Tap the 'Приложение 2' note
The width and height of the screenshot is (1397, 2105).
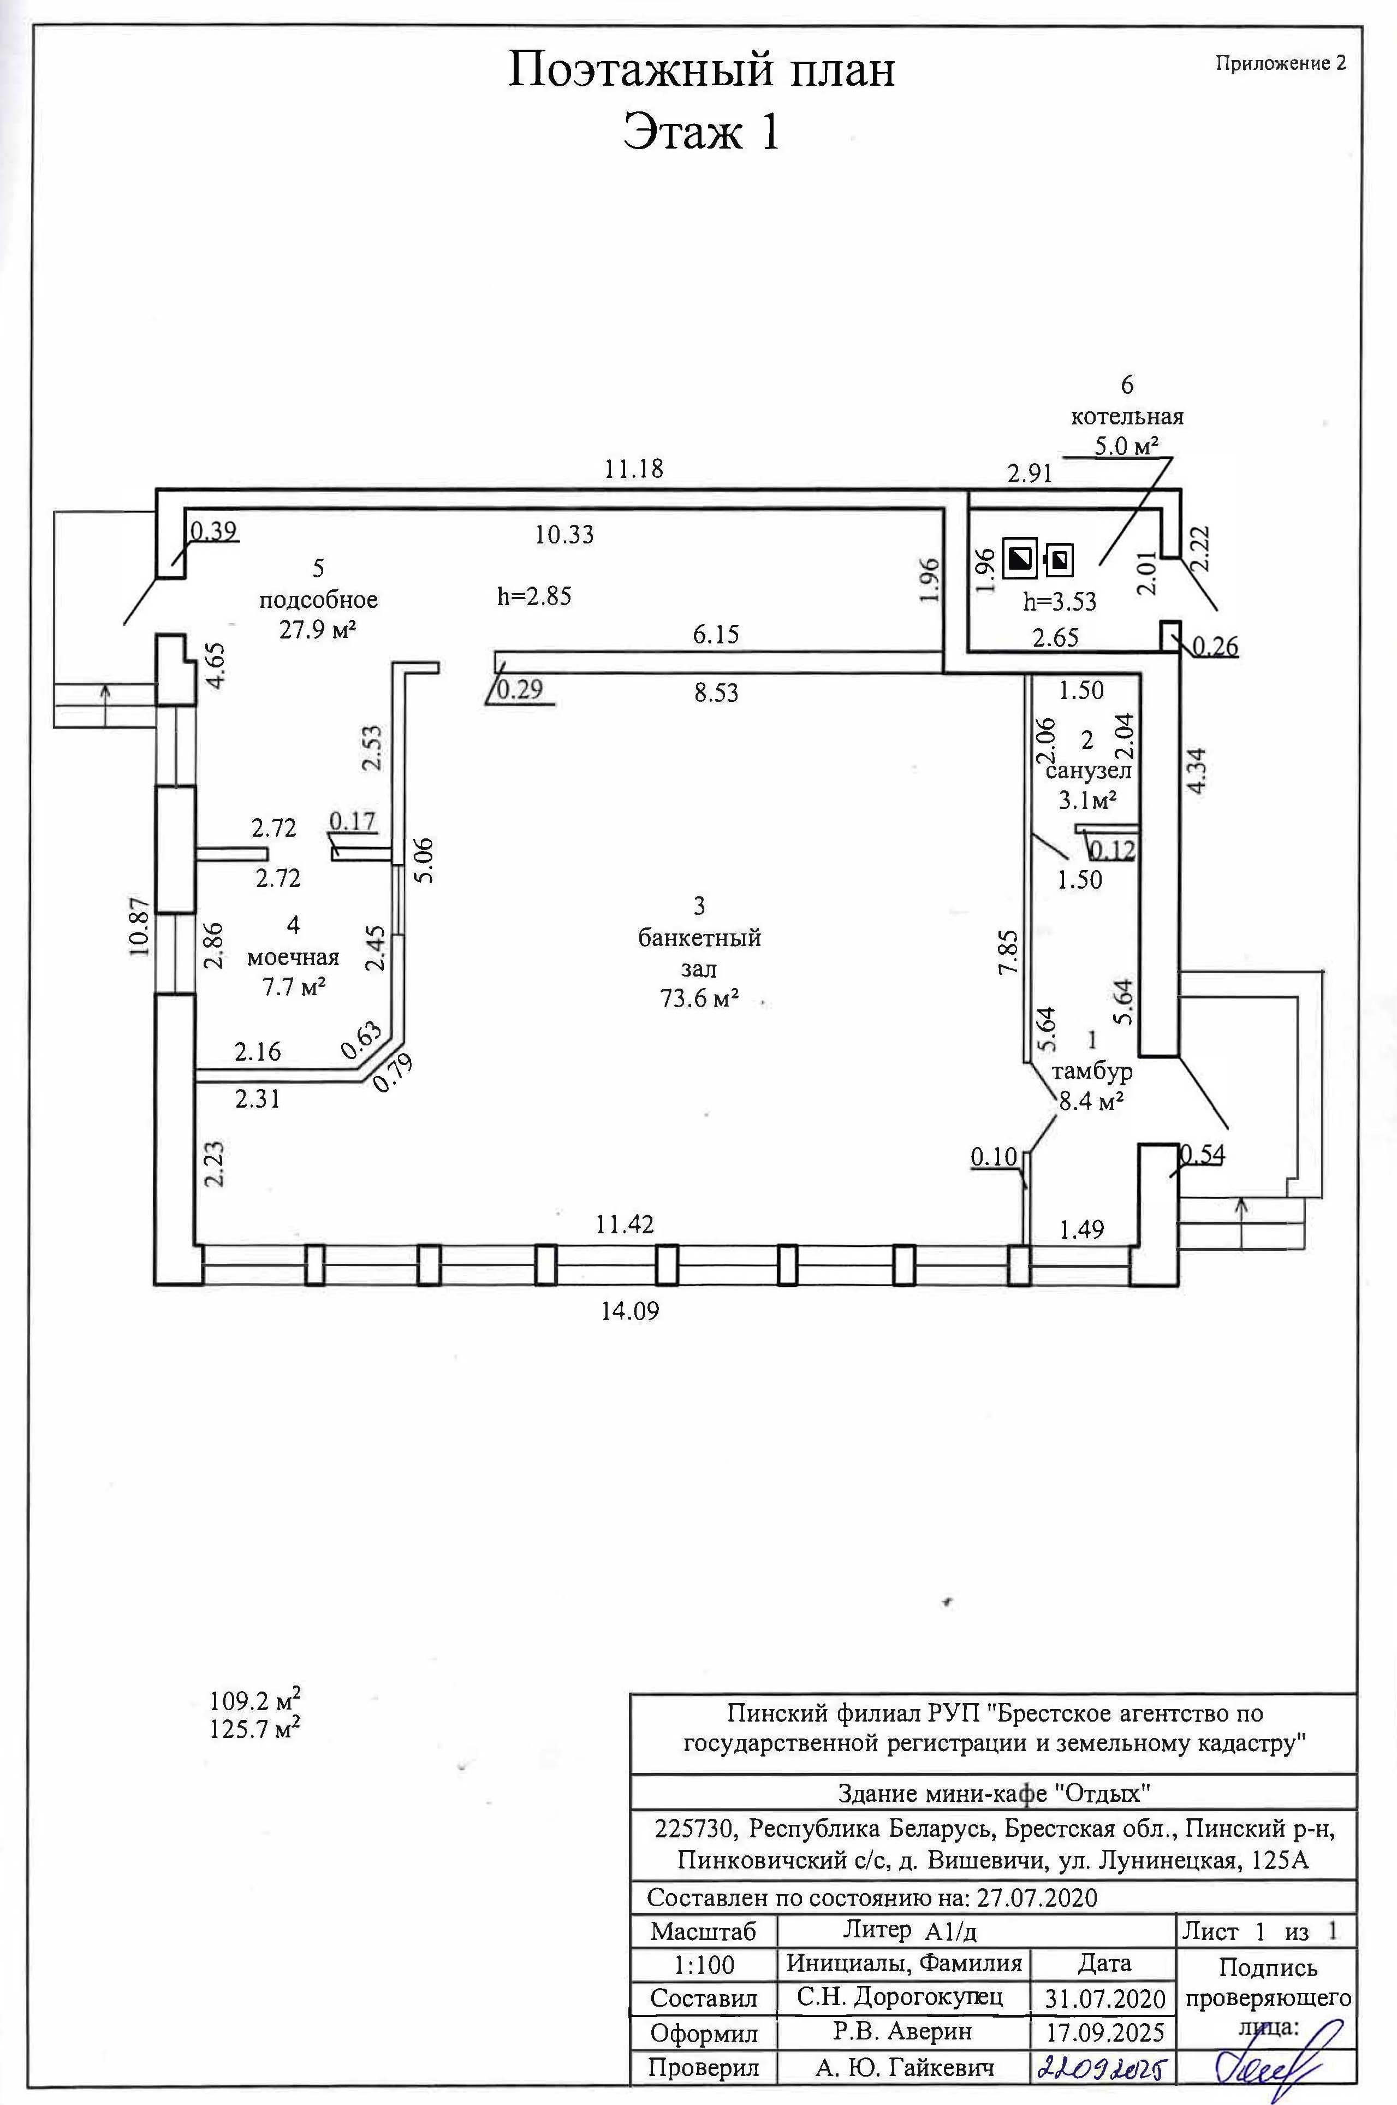click(1280, 63)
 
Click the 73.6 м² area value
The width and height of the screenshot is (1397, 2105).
click(699, 999)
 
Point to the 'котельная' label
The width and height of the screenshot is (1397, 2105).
click(1127, 416)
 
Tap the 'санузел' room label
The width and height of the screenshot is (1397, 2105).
click(1088, 770)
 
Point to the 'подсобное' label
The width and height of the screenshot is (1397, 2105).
click(319, 600)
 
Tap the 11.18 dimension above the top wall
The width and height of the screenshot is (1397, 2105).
click(634, 469)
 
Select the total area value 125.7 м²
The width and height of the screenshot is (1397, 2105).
click(254, 1730)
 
